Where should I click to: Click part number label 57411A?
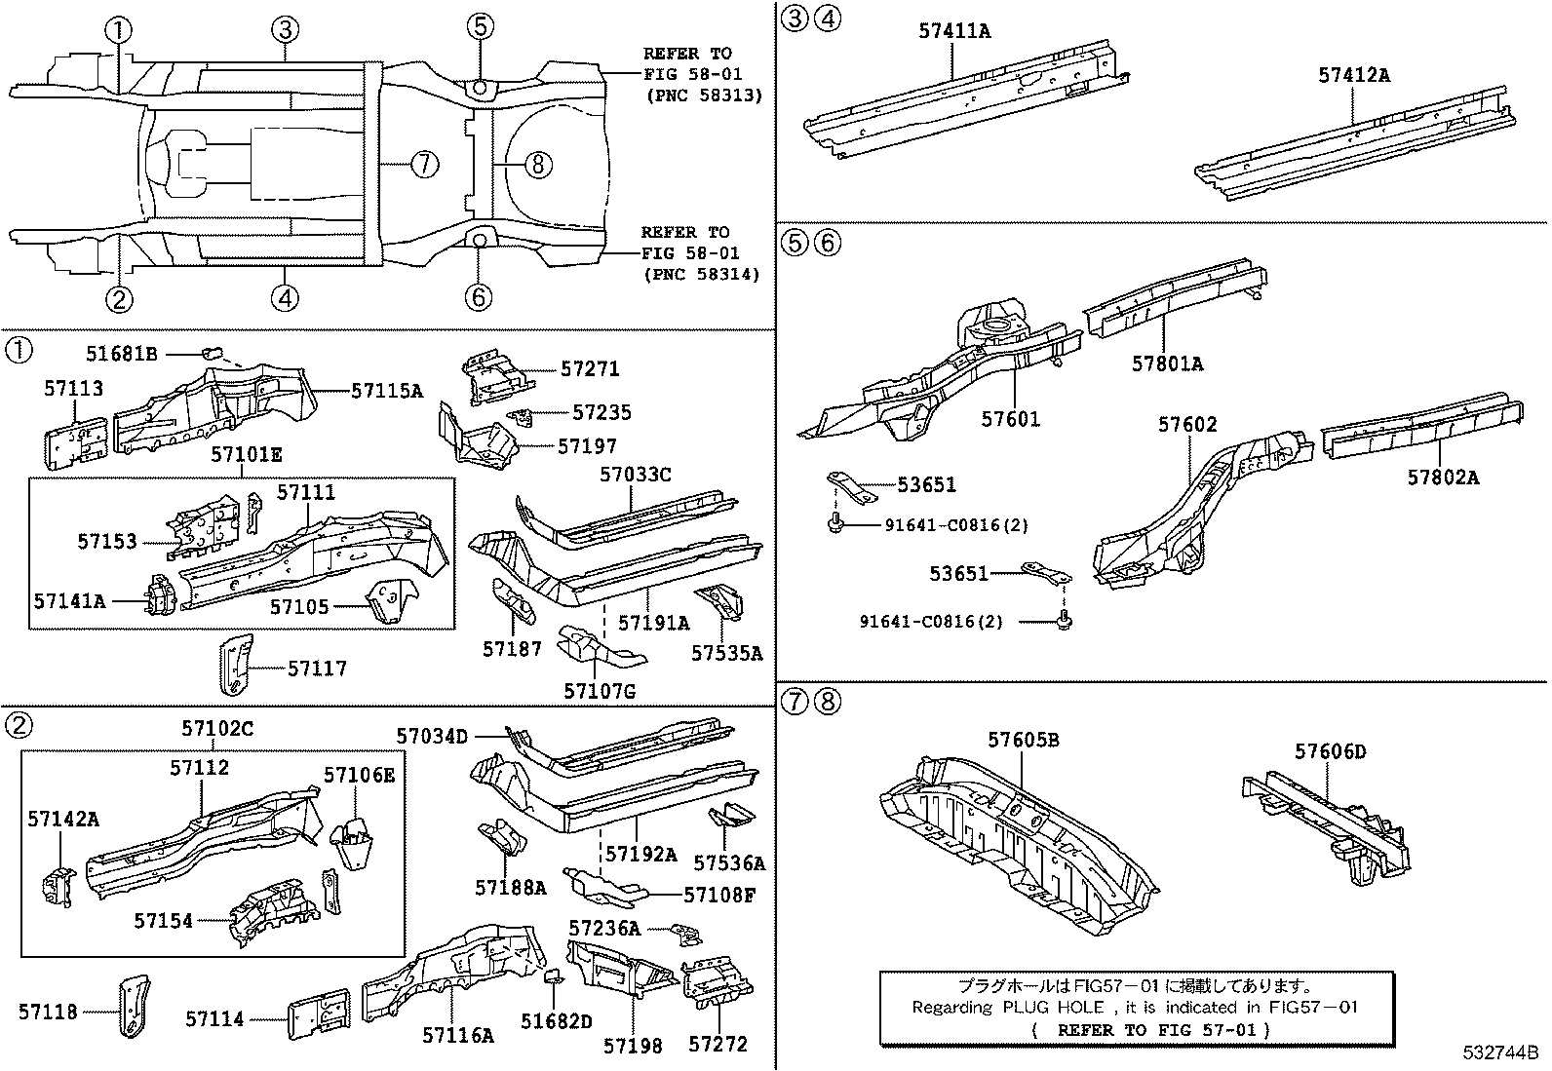(953, 31)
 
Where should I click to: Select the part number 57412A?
(1353, 75)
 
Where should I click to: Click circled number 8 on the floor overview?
(537, 164)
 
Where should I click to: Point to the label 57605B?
(1023, 740)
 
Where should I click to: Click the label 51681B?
(121, 354)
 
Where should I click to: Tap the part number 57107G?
(599, 691)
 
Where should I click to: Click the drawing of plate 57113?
(74, 444)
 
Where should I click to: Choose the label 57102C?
(217, 728)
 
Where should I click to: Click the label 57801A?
(1167, 364)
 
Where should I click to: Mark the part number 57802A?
(1443, 477)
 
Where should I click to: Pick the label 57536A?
(728, 862)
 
